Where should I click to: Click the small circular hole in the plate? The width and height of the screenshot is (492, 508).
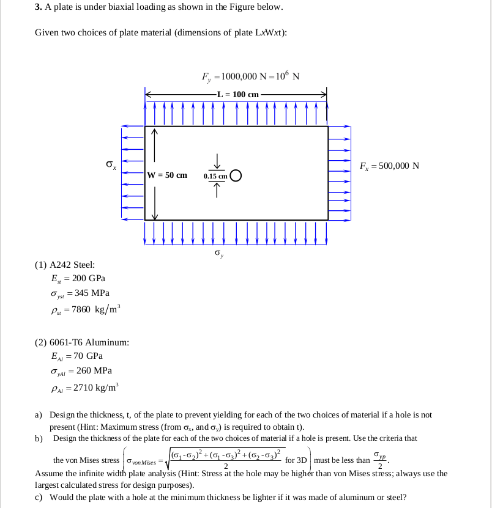click(237, 175)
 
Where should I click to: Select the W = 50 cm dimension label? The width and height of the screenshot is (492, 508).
click(168, 175)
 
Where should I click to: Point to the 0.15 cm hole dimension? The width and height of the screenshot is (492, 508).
click(215, 176)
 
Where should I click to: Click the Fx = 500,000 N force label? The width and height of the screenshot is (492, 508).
click(389, 166)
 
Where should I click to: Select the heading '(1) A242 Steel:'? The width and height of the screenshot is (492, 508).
click(65, 265)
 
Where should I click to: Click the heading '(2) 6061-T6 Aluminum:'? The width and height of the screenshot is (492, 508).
click(81, 342)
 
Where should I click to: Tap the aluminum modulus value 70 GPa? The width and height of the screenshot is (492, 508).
click(86, 356)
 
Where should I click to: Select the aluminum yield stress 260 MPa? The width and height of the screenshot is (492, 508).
click(93, 370)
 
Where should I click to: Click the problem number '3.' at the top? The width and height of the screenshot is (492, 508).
click(38, 7)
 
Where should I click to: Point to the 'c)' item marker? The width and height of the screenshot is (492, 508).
click(39, 497)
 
